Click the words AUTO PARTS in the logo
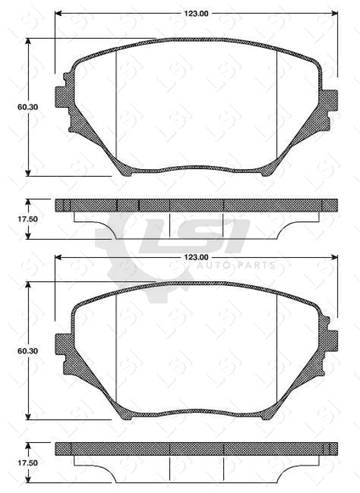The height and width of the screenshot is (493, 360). pos(236,265)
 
